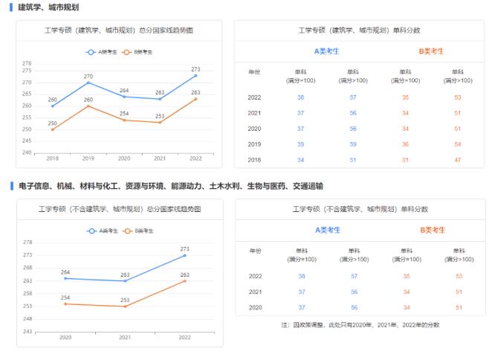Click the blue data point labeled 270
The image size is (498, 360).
pyautogui.click(x=88, y=82)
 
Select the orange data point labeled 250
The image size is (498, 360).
pyautogui.click(x=52, y=129)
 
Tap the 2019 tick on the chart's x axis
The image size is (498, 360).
pyautogui.click(x=88, y=158)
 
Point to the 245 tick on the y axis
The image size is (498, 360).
pyautogui.click(x=28, y=141)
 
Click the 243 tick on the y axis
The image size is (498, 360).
pyautogui.click(x=28, y=331)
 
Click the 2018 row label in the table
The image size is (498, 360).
pyautogui.click(x=255, y=160)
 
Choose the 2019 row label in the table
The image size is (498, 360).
pyautogui.click(x=255, y=144)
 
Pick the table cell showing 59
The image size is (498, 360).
pyautogui.click(x=354, y=144)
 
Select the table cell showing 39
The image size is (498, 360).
pyautogui.click(x=301, y=144)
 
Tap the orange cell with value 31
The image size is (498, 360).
pyautogui.click(x=406, y=160)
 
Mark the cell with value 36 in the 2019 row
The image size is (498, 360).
pyautogui.click(x=406, y=144)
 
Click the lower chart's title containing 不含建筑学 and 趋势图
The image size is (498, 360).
pyautogui.click(x=120, y=210)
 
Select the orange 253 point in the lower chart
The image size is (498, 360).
pyautogui.click(x=125, y=306)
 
